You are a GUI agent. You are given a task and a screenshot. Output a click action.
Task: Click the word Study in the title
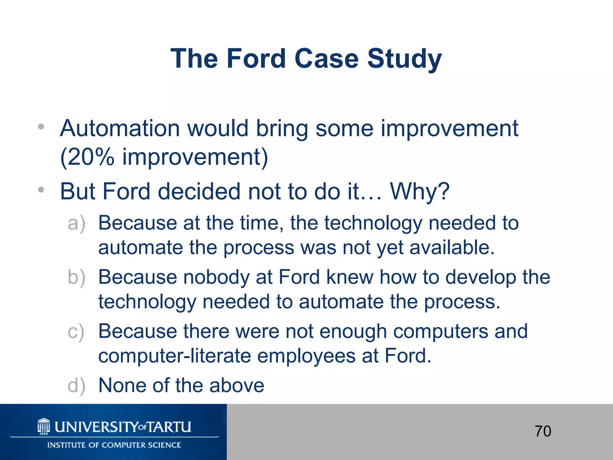click(x=404, y=59)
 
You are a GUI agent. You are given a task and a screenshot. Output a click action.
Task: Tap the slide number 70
click(x=543, y=431)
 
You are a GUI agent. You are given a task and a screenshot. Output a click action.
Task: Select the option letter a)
click(x=76, y=223)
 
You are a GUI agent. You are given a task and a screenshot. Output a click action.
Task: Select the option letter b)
click(x=76, y=277)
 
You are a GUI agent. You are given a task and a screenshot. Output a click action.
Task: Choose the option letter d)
click(x=76, y=386)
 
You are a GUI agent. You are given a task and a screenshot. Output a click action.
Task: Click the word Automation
click(x=120, y=128)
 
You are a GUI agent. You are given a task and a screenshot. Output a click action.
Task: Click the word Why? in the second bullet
click(x=420, y=192)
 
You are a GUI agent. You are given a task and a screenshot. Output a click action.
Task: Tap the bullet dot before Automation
click(x=41, y=127)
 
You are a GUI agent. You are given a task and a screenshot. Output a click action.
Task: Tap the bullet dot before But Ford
click(x=41, y=190)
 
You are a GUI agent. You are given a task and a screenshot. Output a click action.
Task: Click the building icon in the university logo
click(x=44, y=426)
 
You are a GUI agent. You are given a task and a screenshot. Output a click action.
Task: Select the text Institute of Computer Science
click(x=114, y=445)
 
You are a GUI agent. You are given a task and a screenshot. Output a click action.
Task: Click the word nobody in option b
click(x=216, y=277)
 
